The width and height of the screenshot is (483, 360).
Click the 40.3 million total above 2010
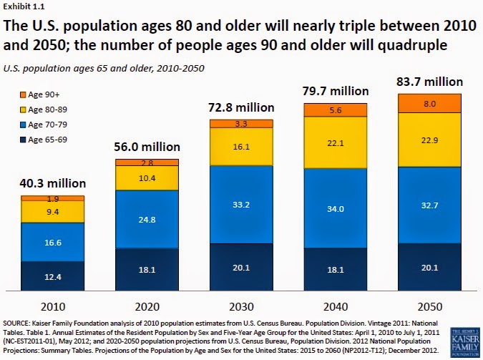coord(52,184)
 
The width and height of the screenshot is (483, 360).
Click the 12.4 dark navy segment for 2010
coord(52,277)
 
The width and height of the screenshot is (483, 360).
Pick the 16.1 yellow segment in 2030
coord(241,146)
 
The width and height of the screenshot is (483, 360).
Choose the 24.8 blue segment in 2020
coord(147,219)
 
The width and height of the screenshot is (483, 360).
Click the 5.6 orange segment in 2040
coord(336,110)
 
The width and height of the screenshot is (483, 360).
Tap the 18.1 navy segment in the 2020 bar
coord(147,271)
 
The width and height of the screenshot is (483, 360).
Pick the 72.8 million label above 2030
coord(241,109)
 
